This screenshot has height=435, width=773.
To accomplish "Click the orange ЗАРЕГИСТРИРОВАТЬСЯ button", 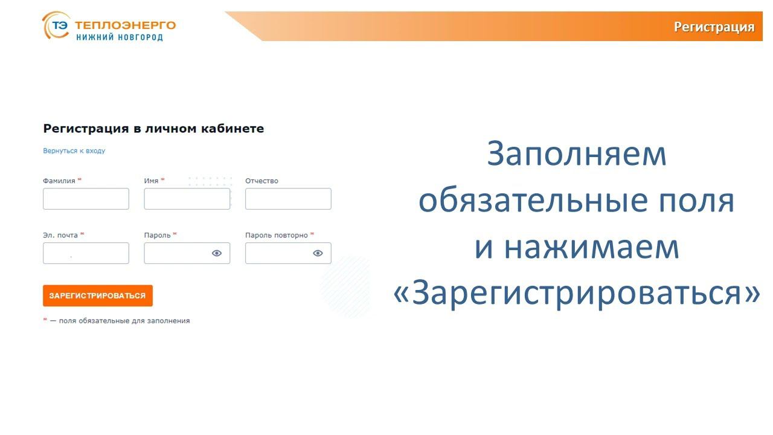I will (97, 295).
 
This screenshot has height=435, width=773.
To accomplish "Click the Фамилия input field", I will (86, 199).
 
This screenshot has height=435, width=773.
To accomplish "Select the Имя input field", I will (187, 199).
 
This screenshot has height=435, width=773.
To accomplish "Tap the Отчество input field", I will (288, 199).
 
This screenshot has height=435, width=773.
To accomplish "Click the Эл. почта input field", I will (86, 253).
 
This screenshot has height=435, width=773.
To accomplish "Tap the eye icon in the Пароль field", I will (217, 253).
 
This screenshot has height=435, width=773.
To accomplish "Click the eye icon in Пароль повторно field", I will (318, 253).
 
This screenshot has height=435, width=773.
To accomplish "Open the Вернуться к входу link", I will (74, 151).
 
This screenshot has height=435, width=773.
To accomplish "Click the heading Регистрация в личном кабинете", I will (153, 129).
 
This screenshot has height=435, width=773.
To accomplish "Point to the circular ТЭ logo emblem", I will (56, 26).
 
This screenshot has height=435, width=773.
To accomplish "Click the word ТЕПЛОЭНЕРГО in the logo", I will (125, 25).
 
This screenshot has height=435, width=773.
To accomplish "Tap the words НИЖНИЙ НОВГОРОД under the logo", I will (119, 37).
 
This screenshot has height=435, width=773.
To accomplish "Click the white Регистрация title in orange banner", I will (714, 27).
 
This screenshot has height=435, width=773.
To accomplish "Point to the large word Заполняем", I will (576, 154).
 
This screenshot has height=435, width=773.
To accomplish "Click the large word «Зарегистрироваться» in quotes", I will (576, 294).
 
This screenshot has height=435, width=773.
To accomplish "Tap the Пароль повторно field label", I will (277, 235).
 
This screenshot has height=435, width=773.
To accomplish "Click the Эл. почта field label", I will (60, 235).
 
